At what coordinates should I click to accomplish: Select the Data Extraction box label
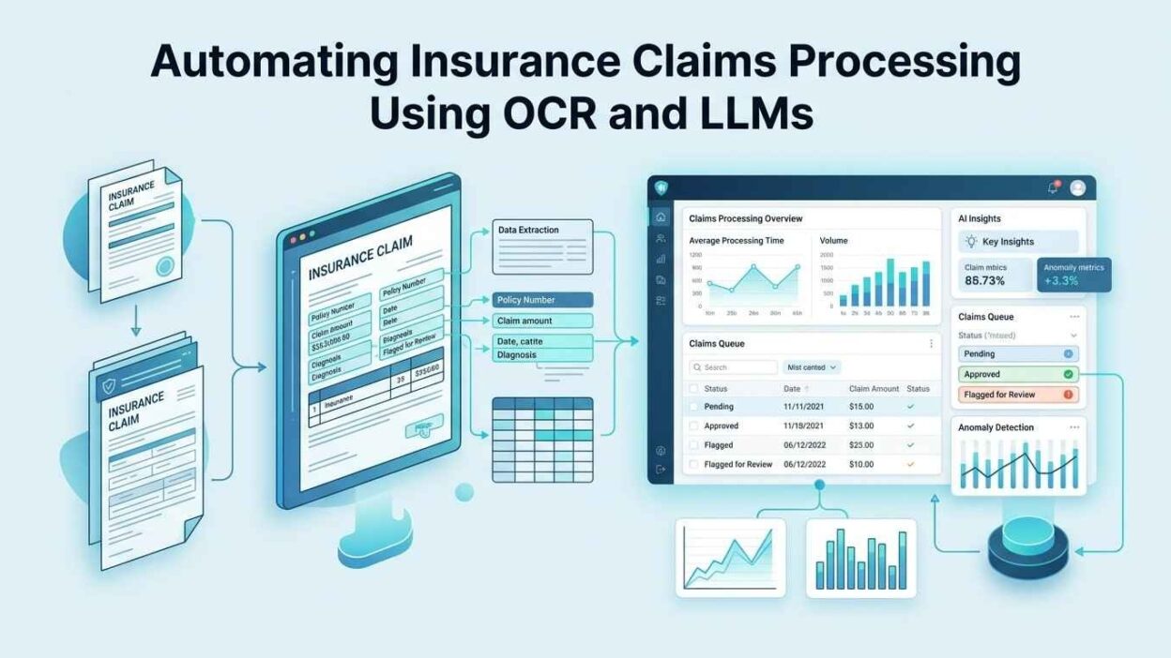coord(528,230)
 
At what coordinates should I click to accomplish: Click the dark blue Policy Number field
coord(543,300)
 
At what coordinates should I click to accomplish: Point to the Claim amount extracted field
coord(543,321)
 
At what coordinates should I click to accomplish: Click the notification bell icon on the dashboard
coord(1053,187)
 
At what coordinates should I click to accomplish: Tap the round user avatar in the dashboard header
coord(1077,187)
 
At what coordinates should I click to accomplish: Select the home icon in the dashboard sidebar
coord(661,217)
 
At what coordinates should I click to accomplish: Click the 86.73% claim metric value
coord(985,280)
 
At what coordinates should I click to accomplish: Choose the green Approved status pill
coord(1018,374)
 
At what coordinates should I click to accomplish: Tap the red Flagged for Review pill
coord(1018,395)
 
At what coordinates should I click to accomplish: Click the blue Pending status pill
coord(1018,354)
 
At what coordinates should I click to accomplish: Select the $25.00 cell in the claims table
coord(861,445)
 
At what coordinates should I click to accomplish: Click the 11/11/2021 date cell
coord(804,407)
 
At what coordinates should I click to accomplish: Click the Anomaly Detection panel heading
coord(996,427)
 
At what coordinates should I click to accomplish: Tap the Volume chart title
coord(833,241)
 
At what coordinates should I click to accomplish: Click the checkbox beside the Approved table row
coord(694,426)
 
